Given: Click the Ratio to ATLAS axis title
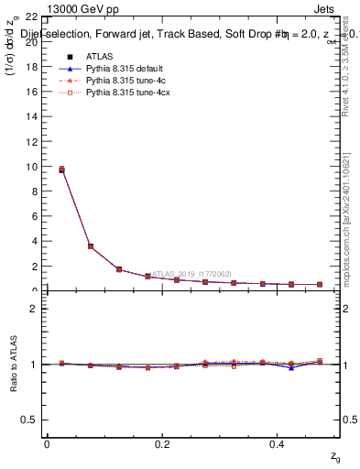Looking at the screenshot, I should point(14,365).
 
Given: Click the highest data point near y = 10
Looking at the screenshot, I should point(61,169).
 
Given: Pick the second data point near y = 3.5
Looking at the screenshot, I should point(90,246).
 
